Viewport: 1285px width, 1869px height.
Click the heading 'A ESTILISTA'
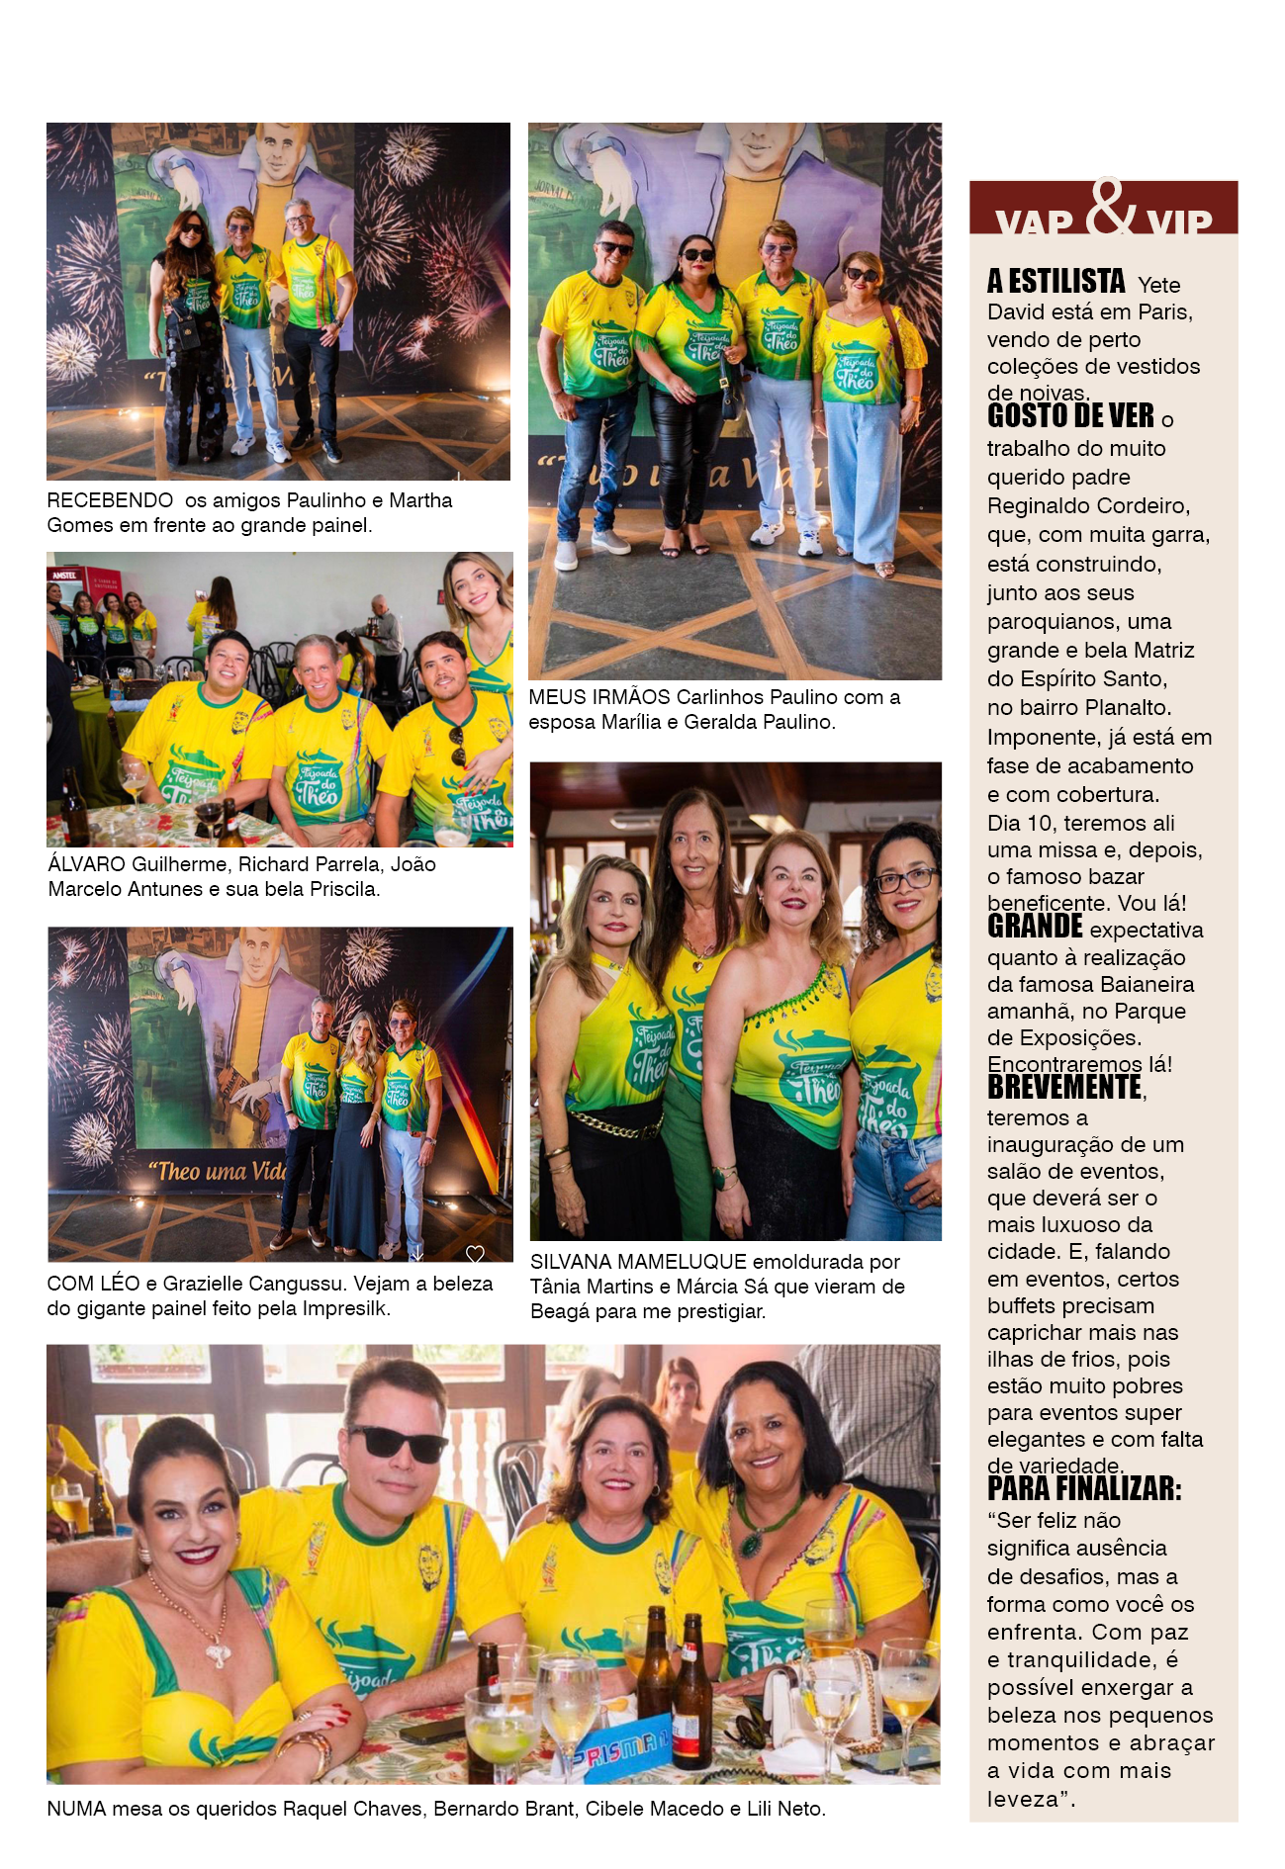(x=1056, y=283)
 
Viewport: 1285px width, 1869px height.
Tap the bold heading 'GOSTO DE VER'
(x=1070, y=416)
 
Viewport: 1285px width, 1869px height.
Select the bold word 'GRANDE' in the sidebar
(x=1035, y=927)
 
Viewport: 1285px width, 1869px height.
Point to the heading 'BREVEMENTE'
(x=1064, y=1088)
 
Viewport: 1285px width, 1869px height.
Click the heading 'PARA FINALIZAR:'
(x=1084, y=1489)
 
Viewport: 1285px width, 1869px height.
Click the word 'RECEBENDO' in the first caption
(x=110, y=501)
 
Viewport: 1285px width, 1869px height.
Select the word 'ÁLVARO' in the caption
(x=87, y=864)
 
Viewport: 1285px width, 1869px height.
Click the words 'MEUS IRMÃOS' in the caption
(x=598, y=697)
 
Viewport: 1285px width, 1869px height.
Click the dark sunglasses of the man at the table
(x=399, y=1443)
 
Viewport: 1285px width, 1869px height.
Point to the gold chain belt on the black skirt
(x=614, y=1125)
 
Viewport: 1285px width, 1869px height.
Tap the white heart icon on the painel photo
(x=475, y=1254)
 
